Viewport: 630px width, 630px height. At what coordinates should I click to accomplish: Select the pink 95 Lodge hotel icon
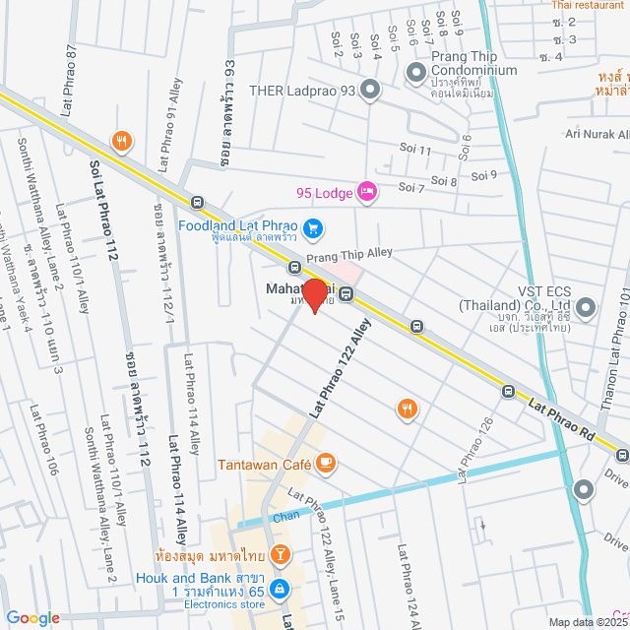tap(366, 191)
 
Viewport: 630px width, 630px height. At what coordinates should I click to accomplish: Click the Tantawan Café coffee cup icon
tap(326, 461)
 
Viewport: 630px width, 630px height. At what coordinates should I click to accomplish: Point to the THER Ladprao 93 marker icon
tap(370, 92)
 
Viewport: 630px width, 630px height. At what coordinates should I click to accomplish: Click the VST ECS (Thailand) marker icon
tap(587, 309)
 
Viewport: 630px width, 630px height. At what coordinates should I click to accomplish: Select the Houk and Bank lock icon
tap(280, 588)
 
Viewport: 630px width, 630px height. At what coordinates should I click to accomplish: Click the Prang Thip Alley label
tap(349, 256)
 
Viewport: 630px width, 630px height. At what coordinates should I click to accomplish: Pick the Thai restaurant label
tap(587, 5)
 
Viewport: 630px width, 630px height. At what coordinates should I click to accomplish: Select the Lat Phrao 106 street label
tap(43, 439)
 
